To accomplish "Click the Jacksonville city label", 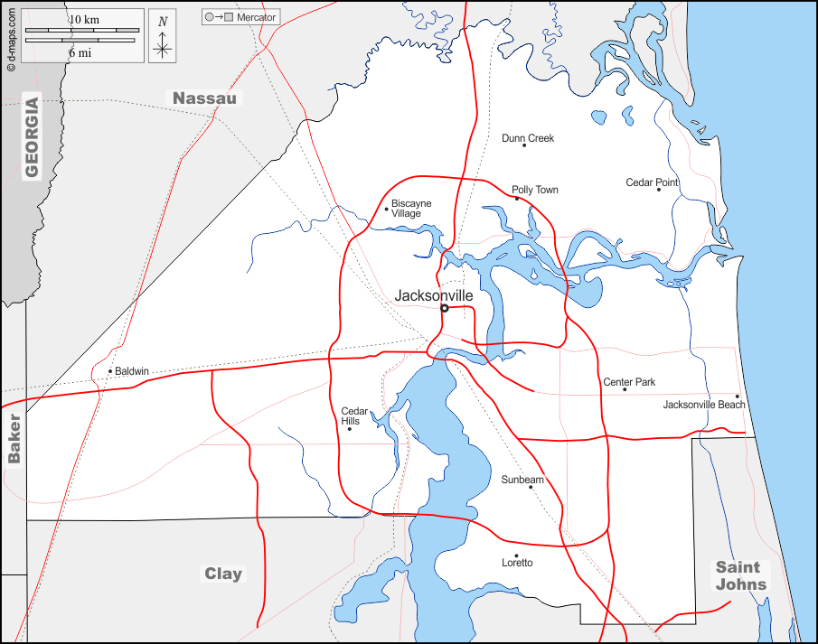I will [434, 295].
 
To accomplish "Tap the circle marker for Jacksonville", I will [444, 308].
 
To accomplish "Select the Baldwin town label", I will [131, 371].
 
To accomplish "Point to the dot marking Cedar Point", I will [659, 190].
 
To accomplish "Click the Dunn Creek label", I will [528, 138].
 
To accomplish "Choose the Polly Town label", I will [535, 190].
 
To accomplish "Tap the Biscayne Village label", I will [411, 209].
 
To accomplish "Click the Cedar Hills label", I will [350, 416].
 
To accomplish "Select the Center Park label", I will [629, 382].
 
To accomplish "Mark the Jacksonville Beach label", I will [704, 405].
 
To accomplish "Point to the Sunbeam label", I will [522, 480].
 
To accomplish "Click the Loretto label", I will [517, 563].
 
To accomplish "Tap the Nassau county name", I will [204, 98].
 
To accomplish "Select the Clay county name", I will [222, 574].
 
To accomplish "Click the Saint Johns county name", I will [741, 575].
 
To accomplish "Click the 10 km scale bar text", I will [84, 20].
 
